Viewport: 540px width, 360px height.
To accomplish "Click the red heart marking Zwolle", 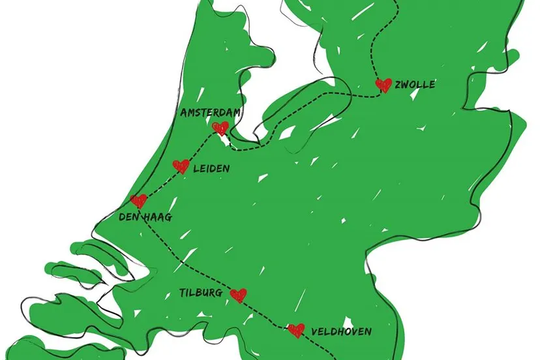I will coord(383,85).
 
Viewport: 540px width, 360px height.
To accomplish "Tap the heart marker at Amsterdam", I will coord(221,127).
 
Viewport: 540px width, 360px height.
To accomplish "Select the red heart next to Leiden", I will coord(181,166).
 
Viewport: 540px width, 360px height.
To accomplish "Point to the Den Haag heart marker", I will coord(138,201).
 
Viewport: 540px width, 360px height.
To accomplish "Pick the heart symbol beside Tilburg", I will coord(239,295).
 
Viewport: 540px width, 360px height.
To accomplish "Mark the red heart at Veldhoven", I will coord(296,331).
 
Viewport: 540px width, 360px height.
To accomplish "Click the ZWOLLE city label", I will coord(415,85).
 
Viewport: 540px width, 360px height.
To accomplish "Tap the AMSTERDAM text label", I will coord(210,113).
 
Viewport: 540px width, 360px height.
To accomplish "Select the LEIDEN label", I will coord(212,168).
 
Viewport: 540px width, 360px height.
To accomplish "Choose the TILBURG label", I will coord(200,293).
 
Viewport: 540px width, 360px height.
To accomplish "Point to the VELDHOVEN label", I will coord(341,332).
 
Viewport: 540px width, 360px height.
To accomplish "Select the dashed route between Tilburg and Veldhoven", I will coord(267,314).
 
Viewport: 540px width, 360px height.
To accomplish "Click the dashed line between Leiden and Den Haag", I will coord(160,184).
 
